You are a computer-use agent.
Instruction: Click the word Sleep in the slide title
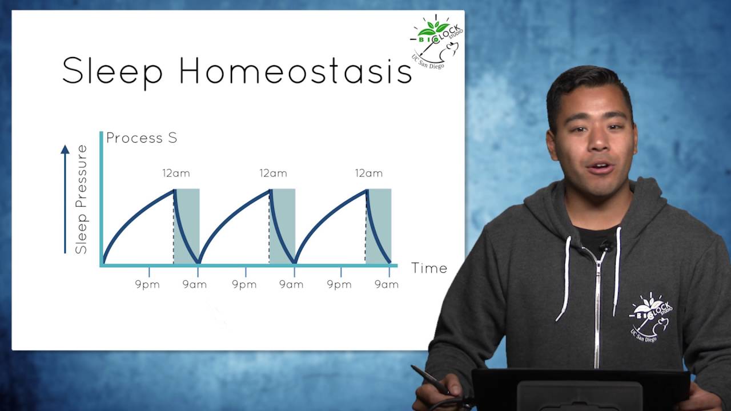tap(113, 72)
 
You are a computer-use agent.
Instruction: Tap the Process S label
tap(142, 138)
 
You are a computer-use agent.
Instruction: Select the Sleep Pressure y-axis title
tap(81, 199)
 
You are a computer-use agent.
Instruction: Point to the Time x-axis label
tap(429, 268)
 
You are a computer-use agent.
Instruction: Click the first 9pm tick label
tap(147, 285)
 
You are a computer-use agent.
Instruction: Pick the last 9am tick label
tap(387, 285)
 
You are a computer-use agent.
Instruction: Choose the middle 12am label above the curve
tap(274, 173)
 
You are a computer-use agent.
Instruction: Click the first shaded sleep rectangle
tap(186, 226)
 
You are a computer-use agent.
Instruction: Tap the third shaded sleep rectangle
tap(379, 226)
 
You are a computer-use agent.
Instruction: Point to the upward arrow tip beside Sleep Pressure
tap(65, 146)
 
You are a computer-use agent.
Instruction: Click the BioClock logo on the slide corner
tap(436, 42)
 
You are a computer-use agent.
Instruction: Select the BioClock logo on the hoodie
tap(650, 317)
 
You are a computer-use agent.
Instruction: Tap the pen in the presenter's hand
tap(430, 380)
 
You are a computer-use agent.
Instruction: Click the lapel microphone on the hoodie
tap(606, 245)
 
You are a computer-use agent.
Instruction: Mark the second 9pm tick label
tap(244, 285)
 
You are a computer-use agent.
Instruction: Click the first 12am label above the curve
tap(176, 173)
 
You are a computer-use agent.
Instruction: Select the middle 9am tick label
tap(291, 285)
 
